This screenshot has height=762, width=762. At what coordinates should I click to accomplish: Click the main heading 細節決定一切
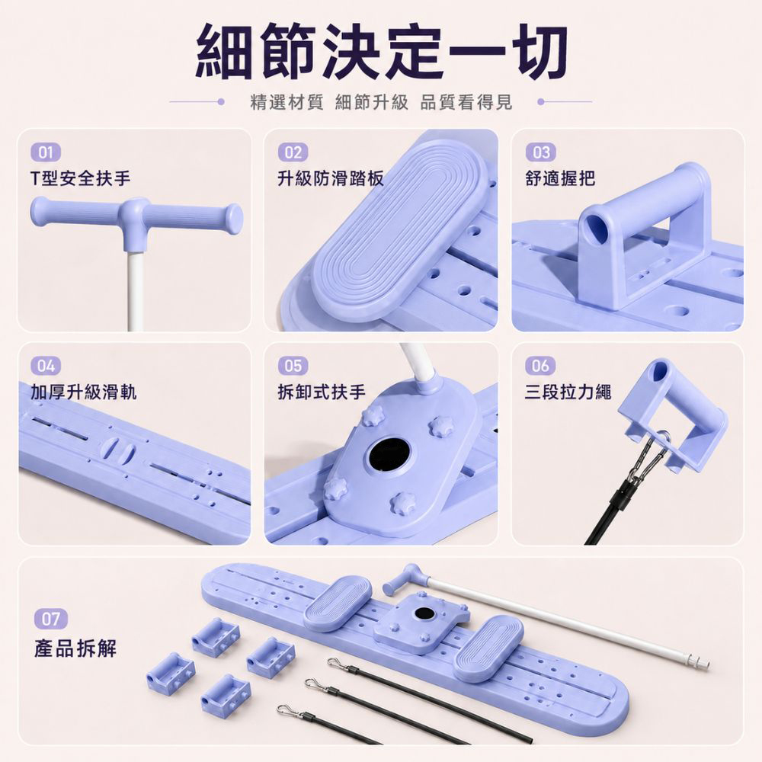pos(382,51)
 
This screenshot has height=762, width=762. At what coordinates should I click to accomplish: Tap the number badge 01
pos(46,152)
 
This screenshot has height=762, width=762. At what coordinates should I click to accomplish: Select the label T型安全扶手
pos(80,178)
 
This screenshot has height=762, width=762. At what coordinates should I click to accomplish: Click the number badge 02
pos(293,152)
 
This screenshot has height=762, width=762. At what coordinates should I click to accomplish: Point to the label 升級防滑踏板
pos(331,178)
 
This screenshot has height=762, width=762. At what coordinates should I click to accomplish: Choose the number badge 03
pos(540,152)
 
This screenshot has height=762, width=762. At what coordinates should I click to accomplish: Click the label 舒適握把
pos(560,178)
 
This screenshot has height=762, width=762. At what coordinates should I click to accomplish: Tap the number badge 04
pos(46,366)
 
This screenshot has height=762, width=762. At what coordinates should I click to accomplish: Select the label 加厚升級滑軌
pos(84,392)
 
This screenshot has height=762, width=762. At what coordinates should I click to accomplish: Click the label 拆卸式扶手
pos(322,392)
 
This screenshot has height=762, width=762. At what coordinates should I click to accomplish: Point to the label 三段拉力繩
pos(568,392)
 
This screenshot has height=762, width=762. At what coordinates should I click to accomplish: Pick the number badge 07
pos(50,619)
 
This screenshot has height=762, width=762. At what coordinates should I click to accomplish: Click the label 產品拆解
pos(75,648)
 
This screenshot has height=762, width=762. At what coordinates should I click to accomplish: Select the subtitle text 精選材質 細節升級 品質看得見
pos(381,102)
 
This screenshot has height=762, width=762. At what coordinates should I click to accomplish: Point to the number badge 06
pos(540,366)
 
